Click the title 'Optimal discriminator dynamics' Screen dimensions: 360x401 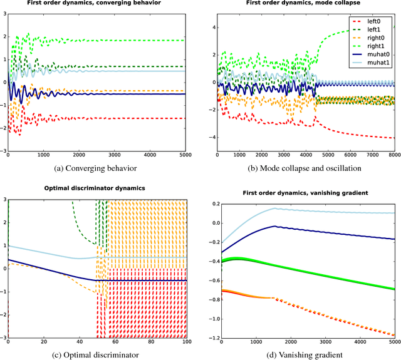(99, 188)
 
